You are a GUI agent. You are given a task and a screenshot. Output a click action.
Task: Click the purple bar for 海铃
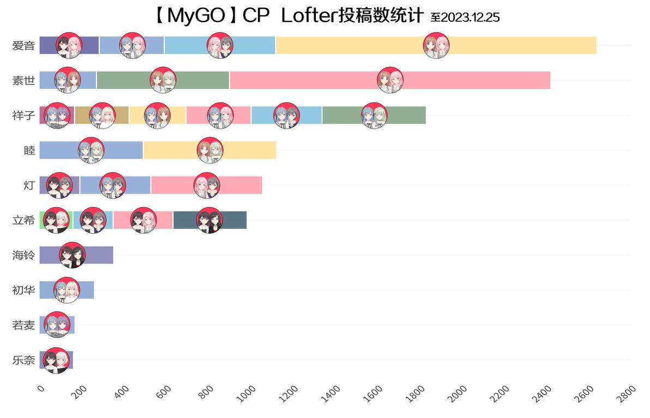click(98, 255)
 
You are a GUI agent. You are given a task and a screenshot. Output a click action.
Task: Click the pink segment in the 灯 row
click(240, 185)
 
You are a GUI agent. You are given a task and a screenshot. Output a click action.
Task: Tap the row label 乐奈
click(23, 360)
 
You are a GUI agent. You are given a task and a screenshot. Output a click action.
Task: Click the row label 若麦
click(23, 325)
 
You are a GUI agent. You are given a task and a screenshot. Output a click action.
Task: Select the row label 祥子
click(23, 116)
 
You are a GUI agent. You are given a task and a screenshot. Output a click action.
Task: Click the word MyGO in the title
click(196, 16)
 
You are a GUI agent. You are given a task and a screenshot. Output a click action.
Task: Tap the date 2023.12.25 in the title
click(470, 17)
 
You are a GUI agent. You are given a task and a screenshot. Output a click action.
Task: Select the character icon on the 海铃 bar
click(73, 255)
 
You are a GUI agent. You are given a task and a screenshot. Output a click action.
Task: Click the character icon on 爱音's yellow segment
click(436, 45)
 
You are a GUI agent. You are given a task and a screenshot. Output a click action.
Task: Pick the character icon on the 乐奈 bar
click(56, 360)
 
